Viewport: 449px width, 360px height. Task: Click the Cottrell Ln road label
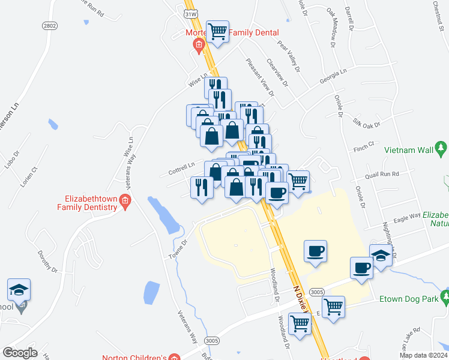pos(182,165)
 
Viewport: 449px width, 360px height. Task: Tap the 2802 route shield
pos(49,26)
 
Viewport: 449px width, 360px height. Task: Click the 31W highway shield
pos(191,13)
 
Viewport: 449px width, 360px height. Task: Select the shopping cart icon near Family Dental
pos(217,32)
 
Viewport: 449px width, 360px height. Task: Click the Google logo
pos(20,353)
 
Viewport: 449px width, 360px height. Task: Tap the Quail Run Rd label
pos(382,174)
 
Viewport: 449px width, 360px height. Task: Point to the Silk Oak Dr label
pos(367,122)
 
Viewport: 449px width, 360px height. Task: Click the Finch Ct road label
pos(364,146)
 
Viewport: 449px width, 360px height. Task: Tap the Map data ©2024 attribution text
pos(423,355)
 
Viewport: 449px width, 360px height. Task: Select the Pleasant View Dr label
pos(259,77)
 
